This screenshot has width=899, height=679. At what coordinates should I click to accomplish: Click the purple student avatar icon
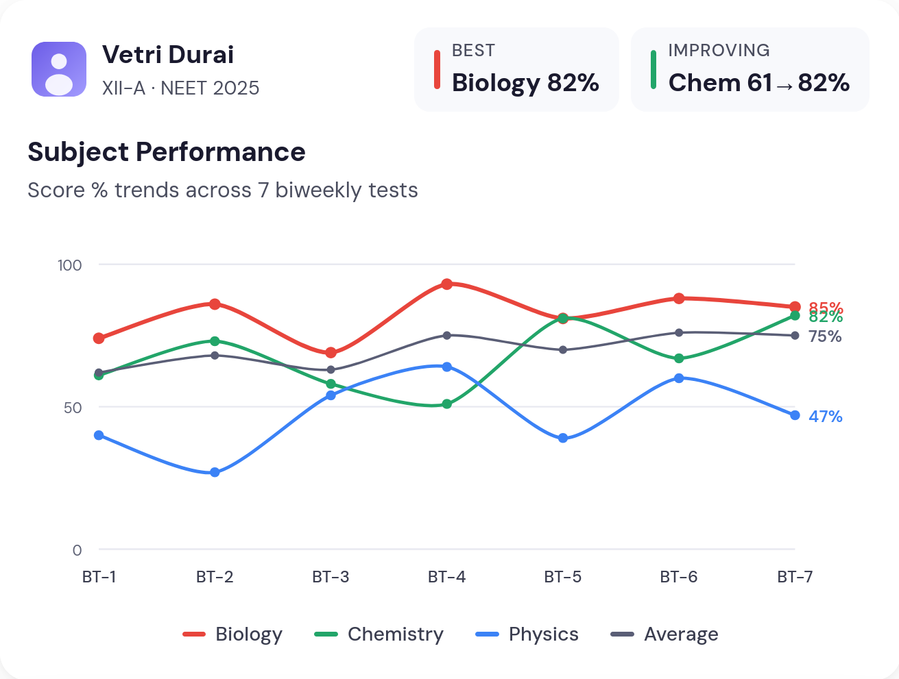59,69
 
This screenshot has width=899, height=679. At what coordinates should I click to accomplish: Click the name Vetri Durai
168,55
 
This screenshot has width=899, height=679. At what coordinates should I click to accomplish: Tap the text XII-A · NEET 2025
180,88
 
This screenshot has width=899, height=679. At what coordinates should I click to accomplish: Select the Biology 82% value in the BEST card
525,83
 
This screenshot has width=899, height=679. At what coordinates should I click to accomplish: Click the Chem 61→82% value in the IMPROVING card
758,83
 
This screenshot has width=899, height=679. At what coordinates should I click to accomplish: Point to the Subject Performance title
167,152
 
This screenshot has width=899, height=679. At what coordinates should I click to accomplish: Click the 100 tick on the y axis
69,265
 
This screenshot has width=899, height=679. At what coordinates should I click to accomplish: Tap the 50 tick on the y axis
73,408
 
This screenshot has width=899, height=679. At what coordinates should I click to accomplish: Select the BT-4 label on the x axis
446,577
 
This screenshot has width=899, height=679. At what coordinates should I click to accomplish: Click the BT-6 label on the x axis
678,577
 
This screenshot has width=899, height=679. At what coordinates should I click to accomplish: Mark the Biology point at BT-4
446,284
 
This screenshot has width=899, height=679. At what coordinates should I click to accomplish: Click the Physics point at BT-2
215,472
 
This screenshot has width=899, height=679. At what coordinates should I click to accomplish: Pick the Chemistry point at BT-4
446,404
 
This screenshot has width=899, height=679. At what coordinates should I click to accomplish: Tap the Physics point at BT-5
563,438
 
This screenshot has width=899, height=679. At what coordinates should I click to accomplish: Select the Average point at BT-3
331,370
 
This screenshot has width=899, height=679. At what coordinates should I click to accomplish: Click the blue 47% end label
825,417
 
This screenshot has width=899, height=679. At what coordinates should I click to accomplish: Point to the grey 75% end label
825,336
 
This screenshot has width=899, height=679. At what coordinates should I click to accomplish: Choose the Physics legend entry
527,634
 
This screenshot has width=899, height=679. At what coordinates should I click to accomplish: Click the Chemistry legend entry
379,634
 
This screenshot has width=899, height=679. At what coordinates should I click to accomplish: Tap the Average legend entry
664,634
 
